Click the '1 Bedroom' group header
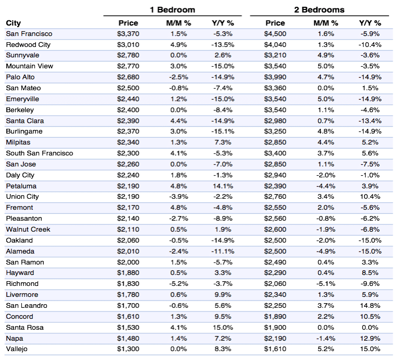tap(173, 10)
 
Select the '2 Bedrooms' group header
tap(319, 10)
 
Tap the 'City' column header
tap(13, 23)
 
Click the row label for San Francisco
tap(29, 34)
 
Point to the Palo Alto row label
tap(20, 77)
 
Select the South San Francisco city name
tap(40, 153)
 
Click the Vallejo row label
tap(17, 349)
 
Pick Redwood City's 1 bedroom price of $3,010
tap(128, 45)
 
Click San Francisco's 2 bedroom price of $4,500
tap(275, 34)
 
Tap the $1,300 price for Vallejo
tap(128, 349)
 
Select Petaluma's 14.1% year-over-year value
tap(223, 186)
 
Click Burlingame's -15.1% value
tap(223, 131)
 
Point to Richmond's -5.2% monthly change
tap(178, 284)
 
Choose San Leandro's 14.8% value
tap(370, 305)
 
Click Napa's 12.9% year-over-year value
tap(370, 338)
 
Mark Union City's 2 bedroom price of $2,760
tap(275, 197)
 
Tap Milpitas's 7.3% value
tap(223, 142)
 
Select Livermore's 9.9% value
tap(223, 295)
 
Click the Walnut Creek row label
tap(28, 230)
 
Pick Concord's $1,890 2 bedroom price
tap(275, 316)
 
